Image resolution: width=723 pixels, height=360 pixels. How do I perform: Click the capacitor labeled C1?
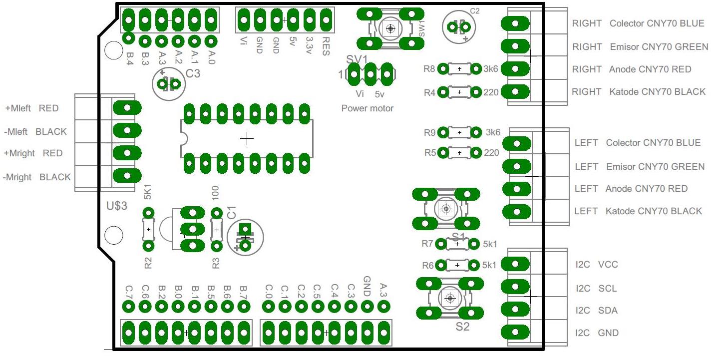245,238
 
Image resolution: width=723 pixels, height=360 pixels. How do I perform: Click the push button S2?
450,298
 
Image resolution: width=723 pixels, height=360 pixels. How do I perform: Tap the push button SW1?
390,28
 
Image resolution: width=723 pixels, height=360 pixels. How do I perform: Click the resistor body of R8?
459,69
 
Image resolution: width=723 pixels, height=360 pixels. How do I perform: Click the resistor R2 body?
148,229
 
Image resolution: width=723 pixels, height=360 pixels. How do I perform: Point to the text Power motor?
367,108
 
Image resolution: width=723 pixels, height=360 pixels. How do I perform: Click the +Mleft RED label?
31,108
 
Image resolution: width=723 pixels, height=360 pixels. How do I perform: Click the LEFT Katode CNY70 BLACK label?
638,211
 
